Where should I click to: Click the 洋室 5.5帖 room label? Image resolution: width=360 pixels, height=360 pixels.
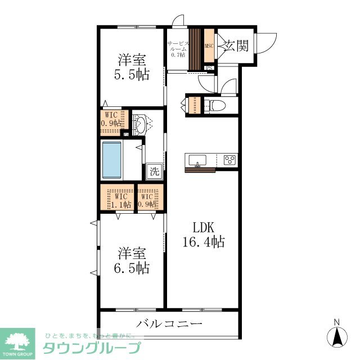[133, 67]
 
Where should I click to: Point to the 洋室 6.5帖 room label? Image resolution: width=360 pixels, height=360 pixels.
[133, 260]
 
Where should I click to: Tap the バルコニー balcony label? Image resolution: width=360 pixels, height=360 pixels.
[169, 324]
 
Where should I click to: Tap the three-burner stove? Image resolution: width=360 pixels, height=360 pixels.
[229, 160]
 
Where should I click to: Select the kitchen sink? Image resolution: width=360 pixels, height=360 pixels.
[197, 160]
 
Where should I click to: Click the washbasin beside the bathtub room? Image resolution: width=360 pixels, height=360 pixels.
[141, 124]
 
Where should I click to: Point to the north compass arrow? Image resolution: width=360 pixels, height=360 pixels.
[337, 337]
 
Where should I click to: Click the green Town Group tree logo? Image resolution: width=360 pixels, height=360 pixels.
[17, 340]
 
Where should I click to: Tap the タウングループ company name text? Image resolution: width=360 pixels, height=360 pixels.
[92, 348]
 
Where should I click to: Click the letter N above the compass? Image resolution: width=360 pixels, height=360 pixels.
[337, 322]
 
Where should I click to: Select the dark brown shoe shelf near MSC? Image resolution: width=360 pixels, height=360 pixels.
[195, 49]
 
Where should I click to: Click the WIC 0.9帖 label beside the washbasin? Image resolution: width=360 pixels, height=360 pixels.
[110, 120]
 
